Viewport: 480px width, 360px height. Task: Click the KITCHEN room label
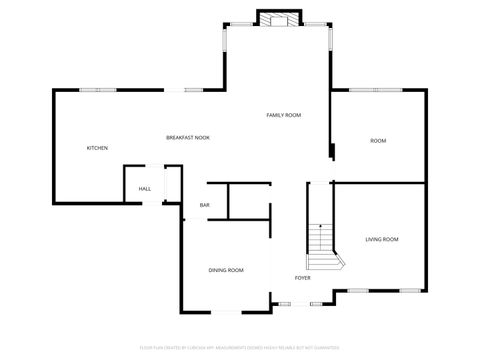[97, 148]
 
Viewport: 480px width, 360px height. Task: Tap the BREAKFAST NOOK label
[188, 137]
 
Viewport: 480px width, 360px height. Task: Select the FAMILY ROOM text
[284, 115]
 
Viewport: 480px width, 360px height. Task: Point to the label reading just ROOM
[378, 141]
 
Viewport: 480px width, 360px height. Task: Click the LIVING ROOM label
[382, 239]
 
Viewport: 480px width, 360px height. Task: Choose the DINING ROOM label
[226, 270]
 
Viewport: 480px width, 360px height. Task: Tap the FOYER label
[302, 278]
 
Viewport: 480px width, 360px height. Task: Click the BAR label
[204, 206]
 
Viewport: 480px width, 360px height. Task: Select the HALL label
[145, 189]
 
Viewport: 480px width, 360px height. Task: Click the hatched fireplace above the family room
[278, 19]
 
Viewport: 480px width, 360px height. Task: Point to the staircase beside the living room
[321, 246]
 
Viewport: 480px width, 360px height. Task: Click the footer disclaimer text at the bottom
[240, 349]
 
